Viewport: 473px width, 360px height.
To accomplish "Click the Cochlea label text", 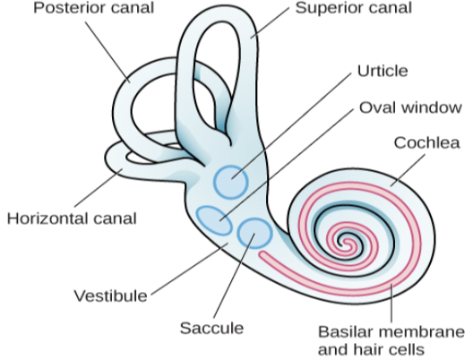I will (424, 143).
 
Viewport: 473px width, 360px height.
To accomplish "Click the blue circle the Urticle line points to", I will (231, 182).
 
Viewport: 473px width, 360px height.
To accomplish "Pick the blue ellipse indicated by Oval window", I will (212, 219).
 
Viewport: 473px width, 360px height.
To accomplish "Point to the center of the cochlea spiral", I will (342, 240).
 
